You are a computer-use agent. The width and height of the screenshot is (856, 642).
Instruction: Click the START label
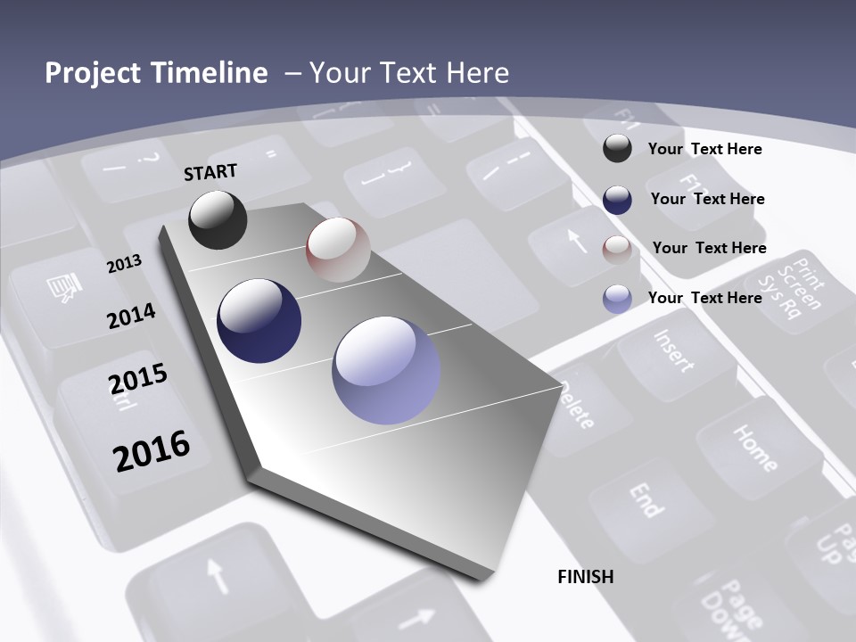210,172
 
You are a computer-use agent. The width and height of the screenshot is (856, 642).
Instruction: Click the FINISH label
586,577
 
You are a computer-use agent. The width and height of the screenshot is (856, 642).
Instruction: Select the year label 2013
124,263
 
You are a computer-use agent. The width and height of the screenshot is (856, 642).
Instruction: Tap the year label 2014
131,317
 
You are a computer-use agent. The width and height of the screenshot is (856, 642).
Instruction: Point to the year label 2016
152,451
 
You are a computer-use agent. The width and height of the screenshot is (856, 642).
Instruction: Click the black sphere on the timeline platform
218,219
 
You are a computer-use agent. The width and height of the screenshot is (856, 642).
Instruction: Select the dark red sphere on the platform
338,250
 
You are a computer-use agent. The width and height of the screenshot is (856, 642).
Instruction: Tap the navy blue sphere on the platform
259,321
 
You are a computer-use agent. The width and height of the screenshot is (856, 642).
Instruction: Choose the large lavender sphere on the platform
386,370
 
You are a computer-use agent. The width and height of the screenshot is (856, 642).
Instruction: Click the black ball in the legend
617,148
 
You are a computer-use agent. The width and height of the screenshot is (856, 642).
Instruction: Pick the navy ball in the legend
617,199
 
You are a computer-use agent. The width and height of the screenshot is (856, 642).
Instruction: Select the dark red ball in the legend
617,249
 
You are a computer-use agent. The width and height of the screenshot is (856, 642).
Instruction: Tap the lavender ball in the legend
617,299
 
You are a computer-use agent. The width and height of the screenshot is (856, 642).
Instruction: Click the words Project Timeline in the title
156,73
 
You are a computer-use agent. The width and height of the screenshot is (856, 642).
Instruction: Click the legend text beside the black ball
704,149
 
